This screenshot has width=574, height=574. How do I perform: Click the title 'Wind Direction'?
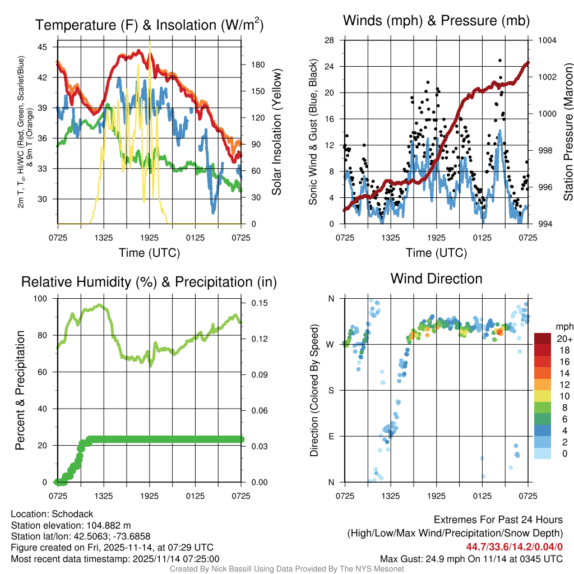tap(436, 279)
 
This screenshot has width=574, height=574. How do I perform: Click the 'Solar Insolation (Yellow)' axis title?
tap(276, 132)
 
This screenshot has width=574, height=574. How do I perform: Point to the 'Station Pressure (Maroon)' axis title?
tap(567, 132)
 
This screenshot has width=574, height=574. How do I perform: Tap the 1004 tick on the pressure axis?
tap(547, 40)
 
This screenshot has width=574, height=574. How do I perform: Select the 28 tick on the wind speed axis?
tap(329, 40)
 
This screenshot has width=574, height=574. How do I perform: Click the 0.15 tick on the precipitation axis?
tap(259, 303)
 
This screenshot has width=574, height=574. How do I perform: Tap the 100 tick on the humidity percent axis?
tap(41, 299)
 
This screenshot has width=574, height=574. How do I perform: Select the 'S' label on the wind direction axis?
tap(331, 390)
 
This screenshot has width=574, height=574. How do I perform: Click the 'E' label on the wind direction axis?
tap(331, 436)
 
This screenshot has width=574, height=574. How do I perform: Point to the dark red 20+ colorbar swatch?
tap(543, 339)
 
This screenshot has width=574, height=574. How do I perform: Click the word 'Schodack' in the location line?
tap(73, 514)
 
